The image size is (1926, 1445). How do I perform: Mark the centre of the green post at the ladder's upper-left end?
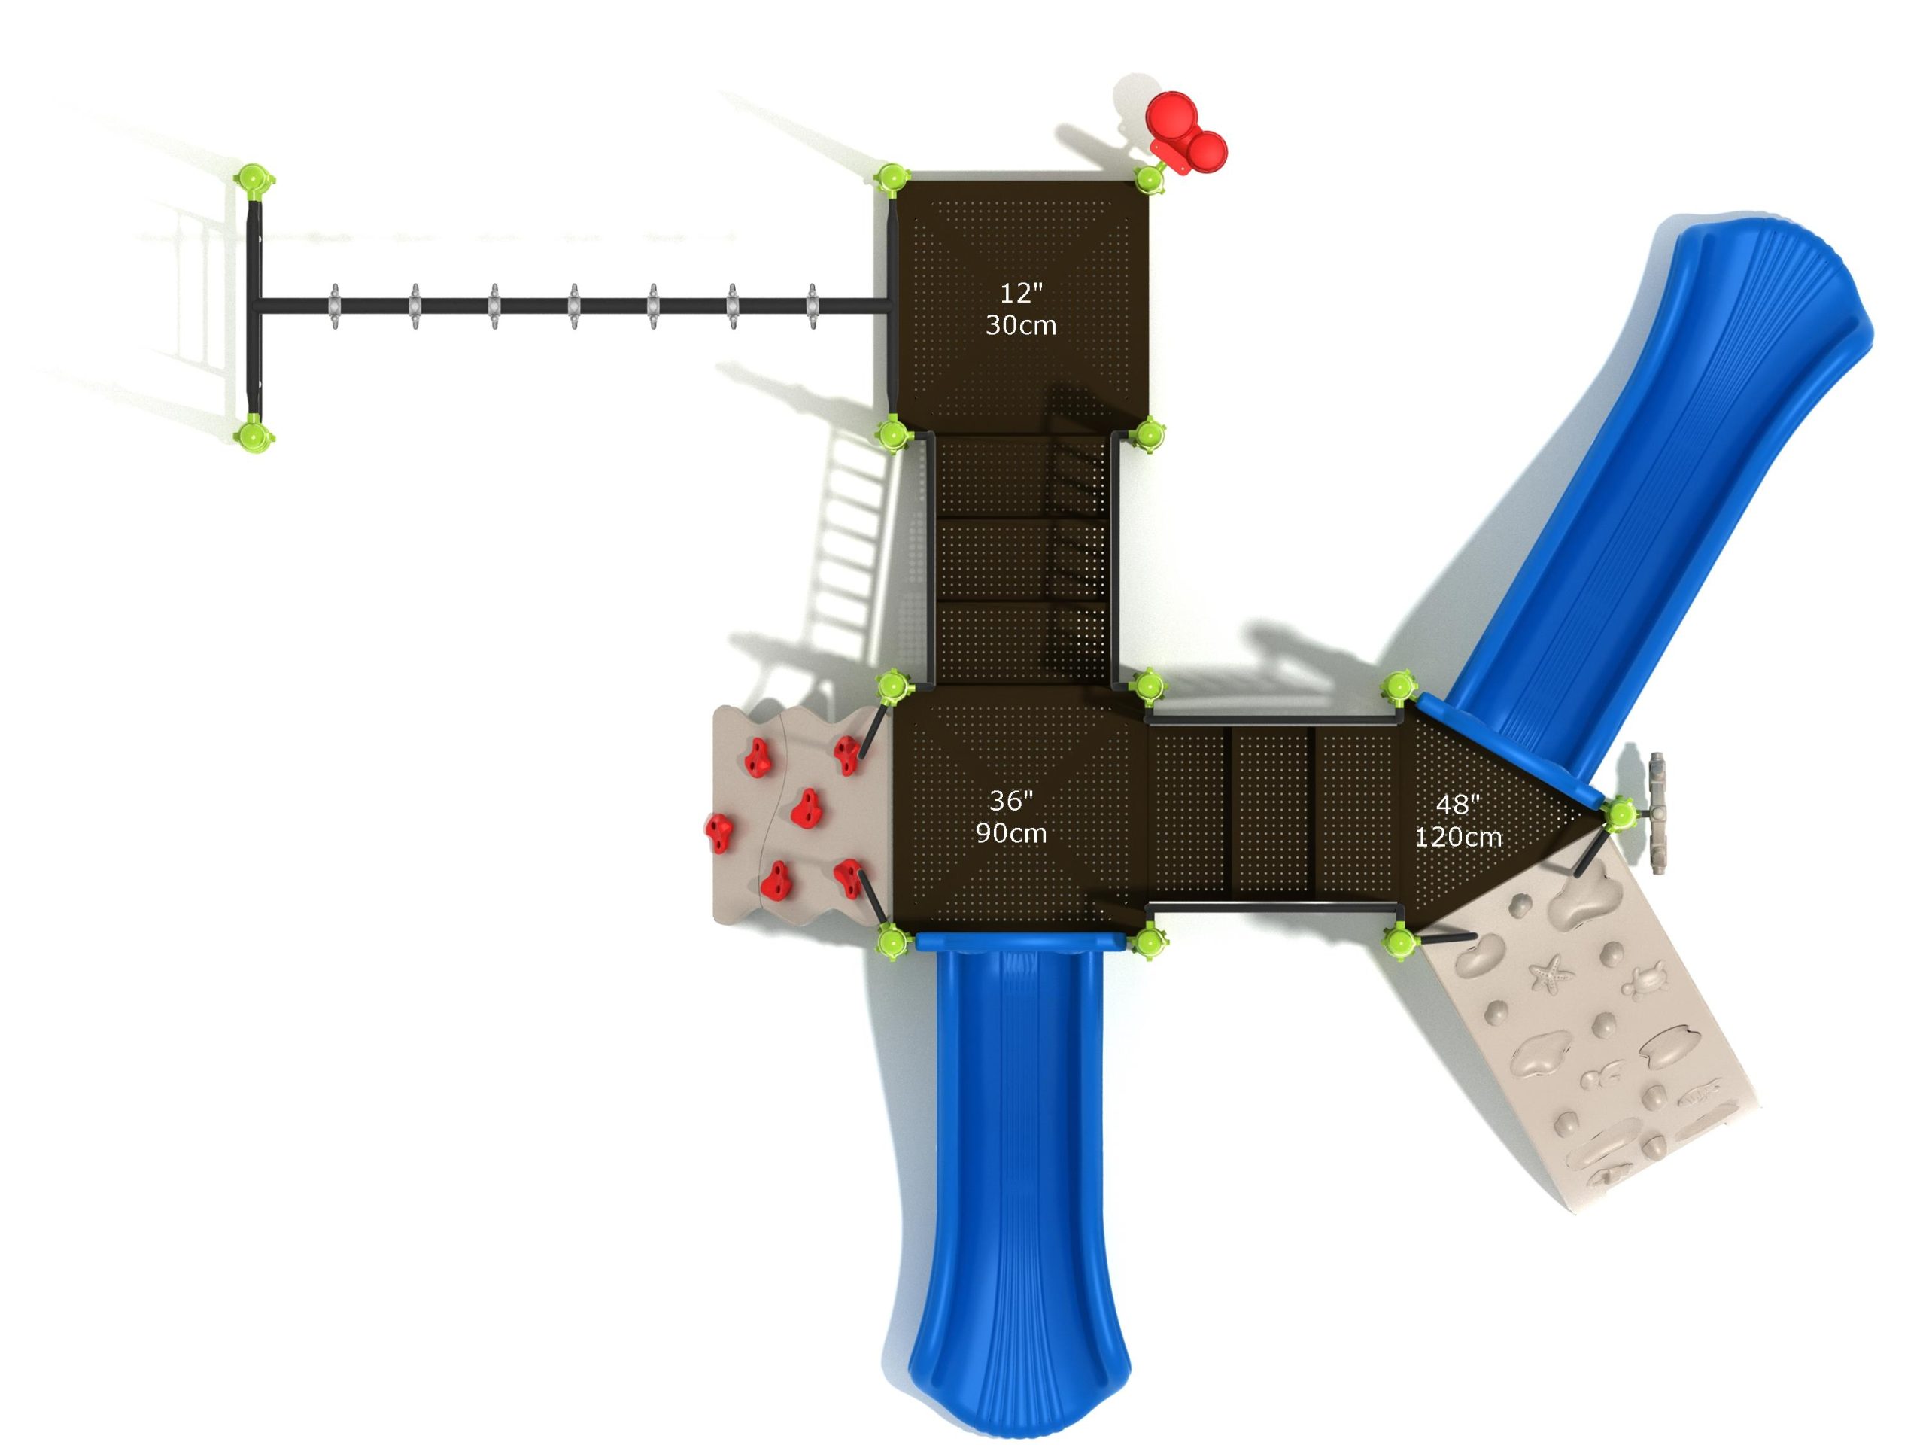point(254,181)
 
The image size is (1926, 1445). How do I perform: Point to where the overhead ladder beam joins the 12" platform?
point(889,306)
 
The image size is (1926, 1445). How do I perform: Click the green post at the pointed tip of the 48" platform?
point(1620,814)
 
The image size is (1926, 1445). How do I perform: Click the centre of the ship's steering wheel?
point(1656,813)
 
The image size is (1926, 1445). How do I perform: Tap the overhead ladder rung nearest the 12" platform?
point(813,306)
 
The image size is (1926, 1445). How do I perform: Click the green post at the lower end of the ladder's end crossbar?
point(254,433)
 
